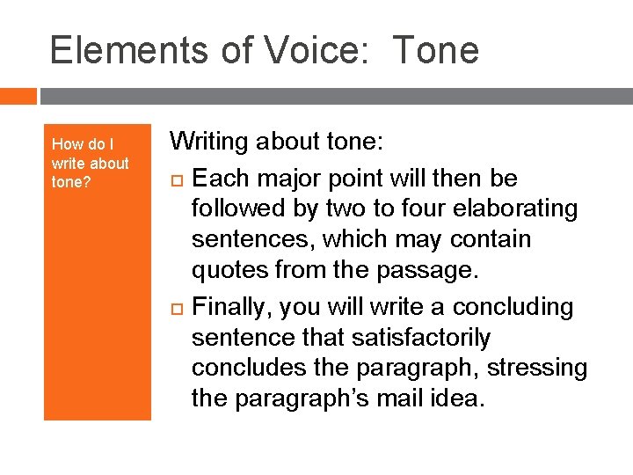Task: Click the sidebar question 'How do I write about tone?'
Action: click(90, 163)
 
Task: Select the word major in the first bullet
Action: click(295, 179)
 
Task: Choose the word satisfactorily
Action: click(407, 338)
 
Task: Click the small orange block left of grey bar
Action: click(18, 96)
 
